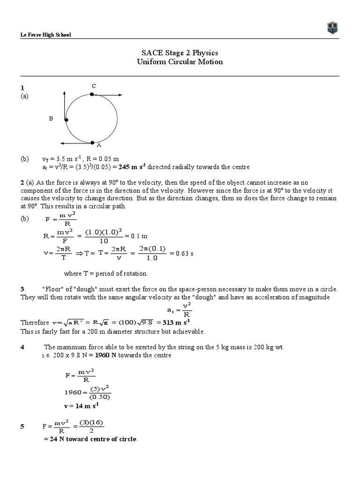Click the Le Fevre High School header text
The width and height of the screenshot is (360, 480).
coord(45,35)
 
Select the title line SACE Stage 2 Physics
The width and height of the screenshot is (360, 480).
coord(180,53)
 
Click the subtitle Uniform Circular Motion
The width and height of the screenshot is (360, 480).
coord(180,62)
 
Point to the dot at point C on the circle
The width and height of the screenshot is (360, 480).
coord(92,94)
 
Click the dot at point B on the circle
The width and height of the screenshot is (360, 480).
coord(66,120)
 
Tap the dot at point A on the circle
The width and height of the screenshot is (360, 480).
coord(92,142)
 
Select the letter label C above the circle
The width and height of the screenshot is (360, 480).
coord(94,86)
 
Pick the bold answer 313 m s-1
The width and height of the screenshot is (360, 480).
coord(175,322)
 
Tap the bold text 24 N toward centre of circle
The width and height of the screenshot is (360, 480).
coord(90,439)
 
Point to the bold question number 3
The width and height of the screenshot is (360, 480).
coord(22,289)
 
